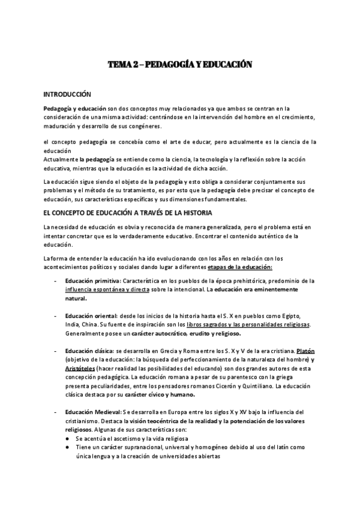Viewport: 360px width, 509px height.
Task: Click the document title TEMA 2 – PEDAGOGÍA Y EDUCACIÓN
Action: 180,64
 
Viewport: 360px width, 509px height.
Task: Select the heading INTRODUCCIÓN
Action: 67,94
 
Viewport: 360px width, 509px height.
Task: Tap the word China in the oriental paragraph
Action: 93,325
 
